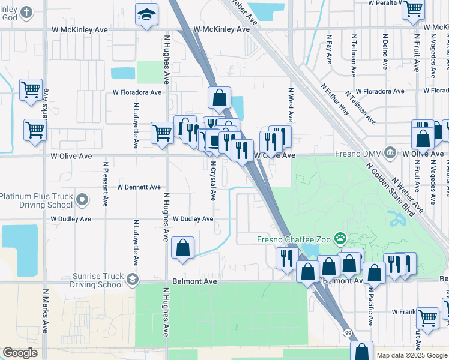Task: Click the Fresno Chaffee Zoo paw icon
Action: [x=341, y=239]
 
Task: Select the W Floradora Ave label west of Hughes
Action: [x=137, y=92]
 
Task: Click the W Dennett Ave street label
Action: [x=139, y=187]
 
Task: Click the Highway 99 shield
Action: [x=348, y=332]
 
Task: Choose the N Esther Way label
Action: [x=335, y=99]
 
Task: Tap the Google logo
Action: [x=20, y=353]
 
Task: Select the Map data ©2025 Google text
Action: [x=411, y=355]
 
